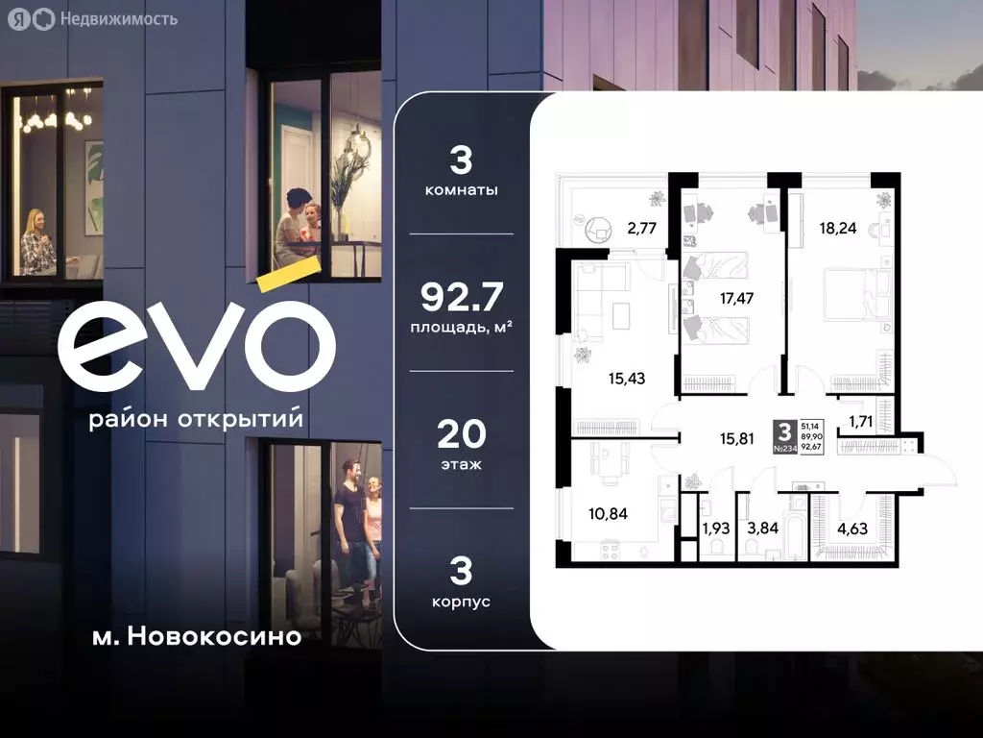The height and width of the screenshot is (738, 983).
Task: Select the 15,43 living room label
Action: coord(626,378)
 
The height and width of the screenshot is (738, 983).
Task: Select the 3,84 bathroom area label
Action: coord(764,527)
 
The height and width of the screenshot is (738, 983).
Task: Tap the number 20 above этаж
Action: coord(462,435)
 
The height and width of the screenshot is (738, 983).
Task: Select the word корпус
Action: coord(462,602)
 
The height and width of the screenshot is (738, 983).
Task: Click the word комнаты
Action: coord(462,190)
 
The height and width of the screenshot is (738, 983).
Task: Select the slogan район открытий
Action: coord(196,421)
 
